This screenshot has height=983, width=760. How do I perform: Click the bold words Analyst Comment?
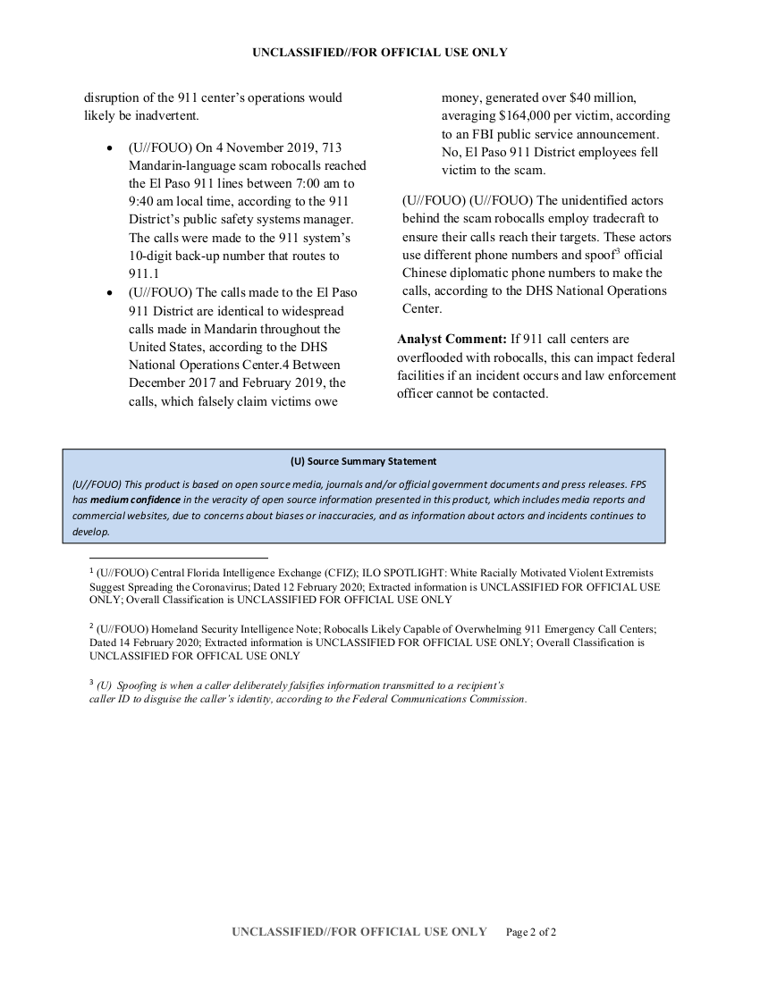pyautogui.click(x=452, y=340)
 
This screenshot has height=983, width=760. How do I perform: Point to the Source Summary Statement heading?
pyautogui.click(x=363, y=462)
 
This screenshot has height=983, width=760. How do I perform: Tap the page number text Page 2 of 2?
pyautogui.click(x=531, y=932)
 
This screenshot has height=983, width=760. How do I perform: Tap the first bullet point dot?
pyautogui.click(x=109, y=148)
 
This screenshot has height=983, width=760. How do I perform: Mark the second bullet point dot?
pyautogui.click(x=109, y=293)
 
